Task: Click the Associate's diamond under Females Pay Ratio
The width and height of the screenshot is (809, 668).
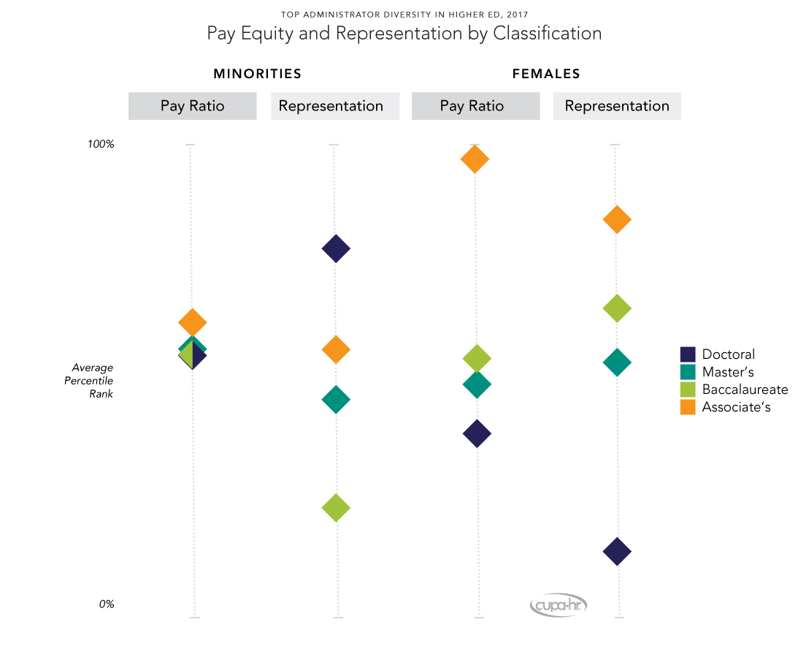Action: tap(475, 159)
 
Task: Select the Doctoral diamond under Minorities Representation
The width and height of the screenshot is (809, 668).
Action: tap(336, 248)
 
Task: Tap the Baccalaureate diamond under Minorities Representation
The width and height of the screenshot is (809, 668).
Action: tap(336, 507)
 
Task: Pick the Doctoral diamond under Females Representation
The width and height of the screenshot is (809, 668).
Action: tap(617, 551)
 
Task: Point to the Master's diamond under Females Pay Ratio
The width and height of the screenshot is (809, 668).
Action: tap(477, 384)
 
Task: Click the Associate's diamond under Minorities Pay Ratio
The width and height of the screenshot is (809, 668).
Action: tap(193, 322)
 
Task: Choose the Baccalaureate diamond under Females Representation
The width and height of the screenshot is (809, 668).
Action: tap(617, 308)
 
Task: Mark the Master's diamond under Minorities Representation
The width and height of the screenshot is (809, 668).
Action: tap(336, 399)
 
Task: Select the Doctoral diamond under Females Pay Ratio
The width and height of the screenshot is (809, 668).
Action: tap(477, 433)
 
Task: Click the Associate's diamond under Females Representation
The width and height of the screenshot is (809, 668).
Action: tap(617, 219)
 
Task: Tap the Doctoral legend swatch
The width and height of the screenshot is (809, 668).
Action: tap(688, 354)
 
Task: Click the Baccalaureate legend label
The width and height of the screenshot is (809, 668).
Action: tap(745, 390)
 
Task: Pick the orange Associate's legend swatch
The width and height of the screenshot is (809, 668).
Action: tap(688, 407)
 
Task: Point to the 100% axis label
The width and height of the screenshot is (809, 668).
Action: tap(101, 144)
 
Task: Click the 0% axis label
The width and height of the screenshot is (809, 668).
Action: tap(106, 604)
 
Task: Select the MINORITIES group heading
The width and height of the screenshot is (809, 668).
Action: tap(257, 74)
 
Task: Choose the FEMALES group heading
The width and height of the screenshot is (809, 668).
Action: tap(546, 74)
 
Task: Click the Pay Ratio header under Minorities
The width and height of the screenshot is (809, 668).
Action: tap(192, 106)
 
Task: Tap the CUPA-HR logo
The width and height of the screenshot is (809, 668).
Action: tap(559, 605)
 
